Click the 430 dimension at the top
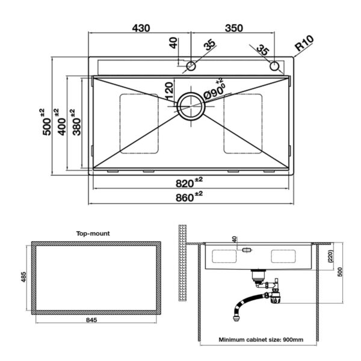(141, 28)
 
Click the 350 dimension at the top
(234, 28)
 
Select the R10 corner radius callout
(304, 43)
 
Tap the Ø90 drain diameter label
(214, 91)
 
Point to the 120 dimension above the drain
(169, 91)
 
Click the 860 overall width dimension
(185, 198)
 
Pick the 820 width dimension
(185, 184)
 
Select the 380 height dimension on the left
(76, 126)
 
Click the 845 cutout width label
(91, 320)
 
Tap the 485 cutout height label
(23, 277)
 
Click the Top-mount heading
(93, 233)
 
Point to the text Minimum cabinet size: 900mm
(261, 339)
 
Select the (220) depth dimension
(331, 256)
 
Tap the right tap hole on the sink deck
(274, 66)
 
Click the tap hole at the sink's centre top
(191, 66)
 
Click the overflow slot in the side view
(247, 250)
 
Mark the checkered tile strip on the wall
(182, 262)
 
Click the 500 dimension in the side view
(341, 272)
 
